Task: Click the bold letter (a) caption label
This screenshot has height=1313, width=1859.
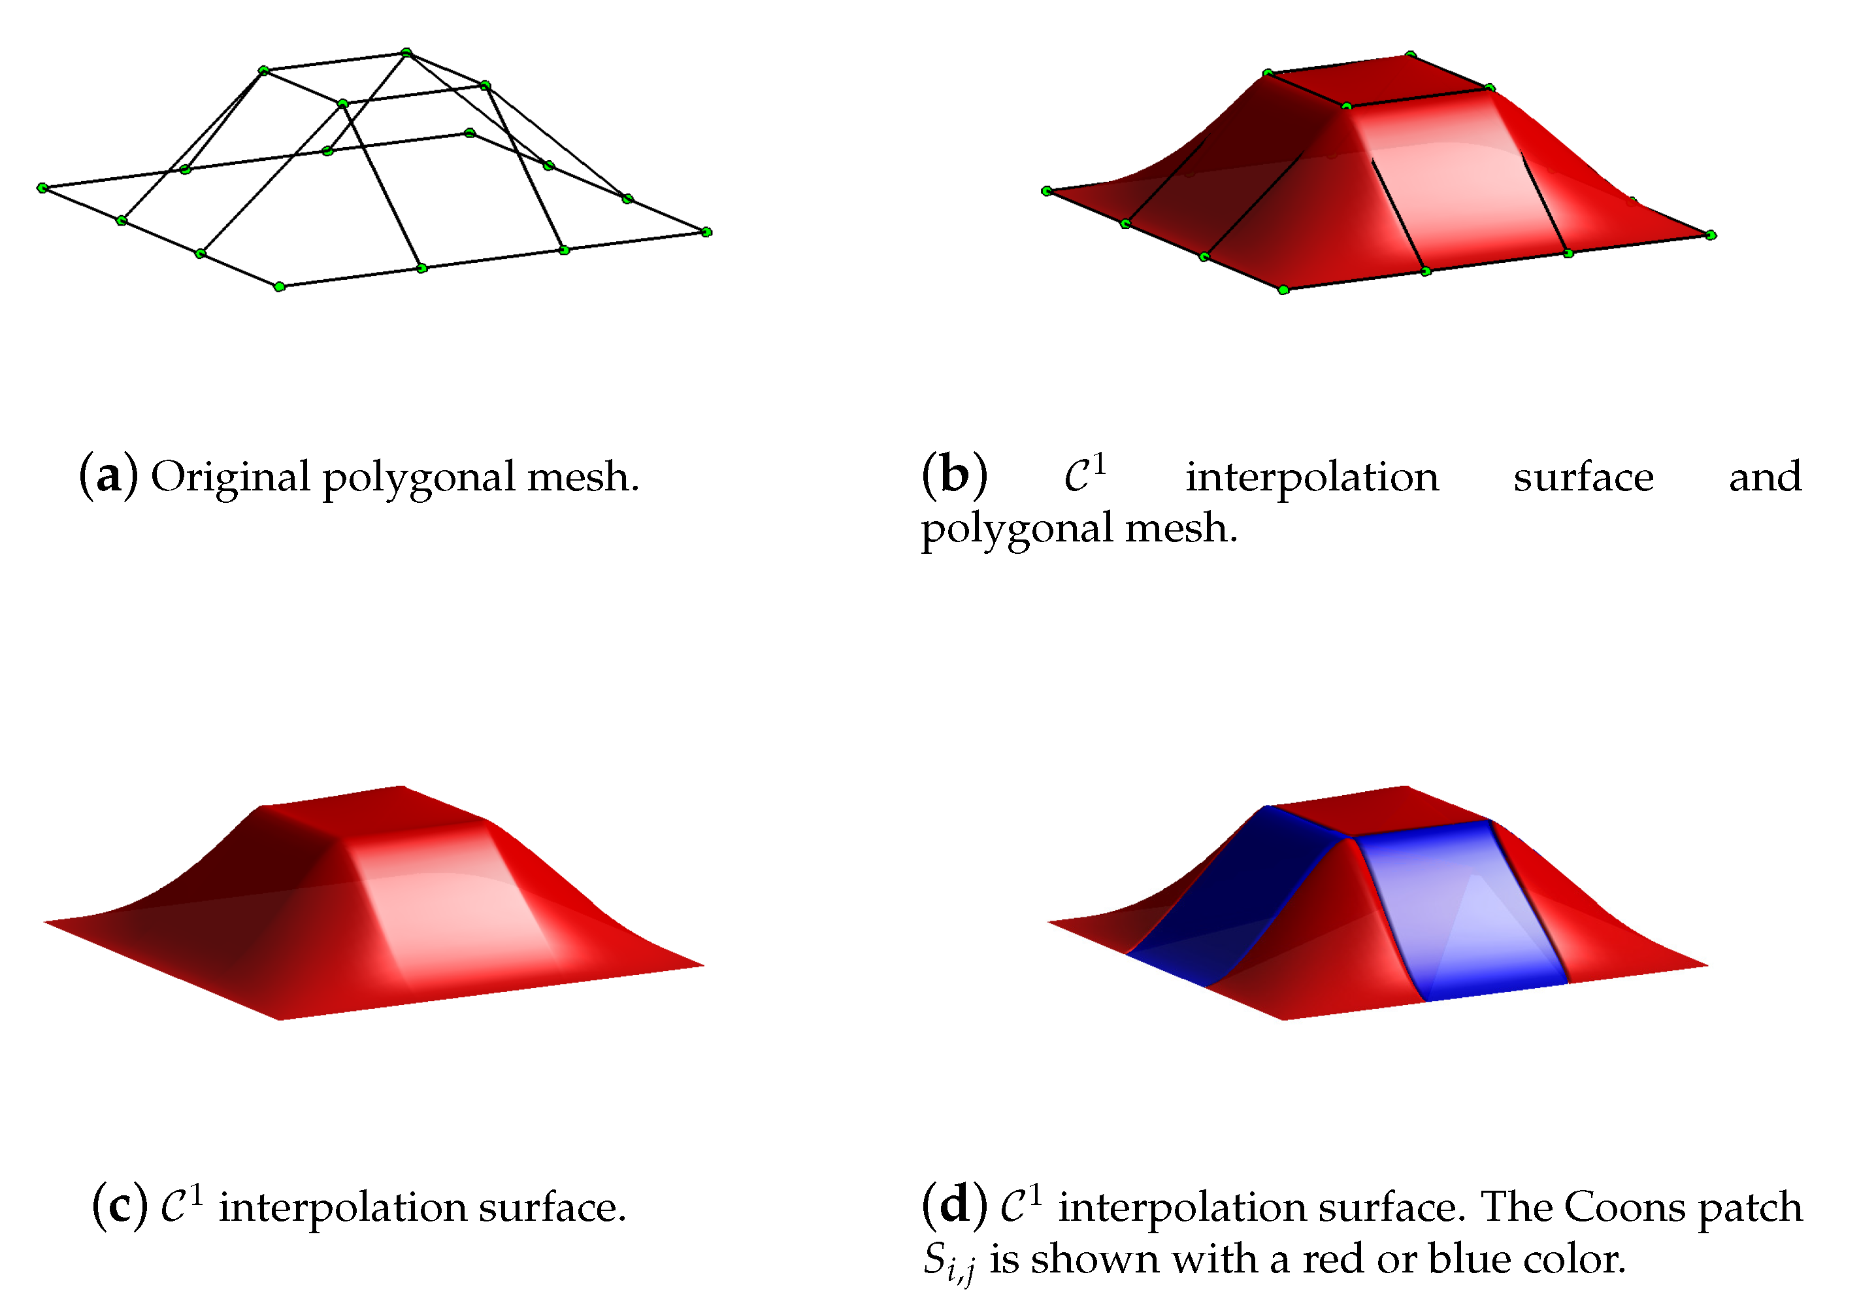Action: (108, 476)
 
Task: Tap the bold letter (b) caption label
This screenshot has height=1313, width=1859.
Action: (954, 476)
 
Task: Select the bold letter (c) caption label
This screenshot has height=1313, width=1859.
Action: (120, 1207)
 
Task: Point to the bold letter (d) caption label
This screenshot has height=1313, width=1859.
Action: (954, 1207)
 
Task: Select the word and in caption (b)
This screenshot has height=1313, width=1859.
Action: (1765, 478)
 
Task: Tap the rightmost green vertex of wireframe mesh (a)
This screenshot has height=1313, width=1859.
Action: (706, 233)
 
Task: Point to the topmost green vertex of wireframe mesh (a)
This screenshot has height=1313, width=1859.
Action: (406, 53)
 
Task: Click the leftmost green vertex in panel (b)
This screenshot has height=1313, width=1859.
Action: (1046, 191)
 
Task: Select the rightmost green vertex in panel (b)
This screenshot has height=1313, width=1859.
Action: (1710, 235)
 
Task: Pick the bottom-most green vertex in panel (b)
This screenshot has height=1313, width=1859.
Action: (1283, 290)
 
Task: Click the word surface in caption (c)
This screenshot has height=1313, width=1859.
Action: (551, 1208)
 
